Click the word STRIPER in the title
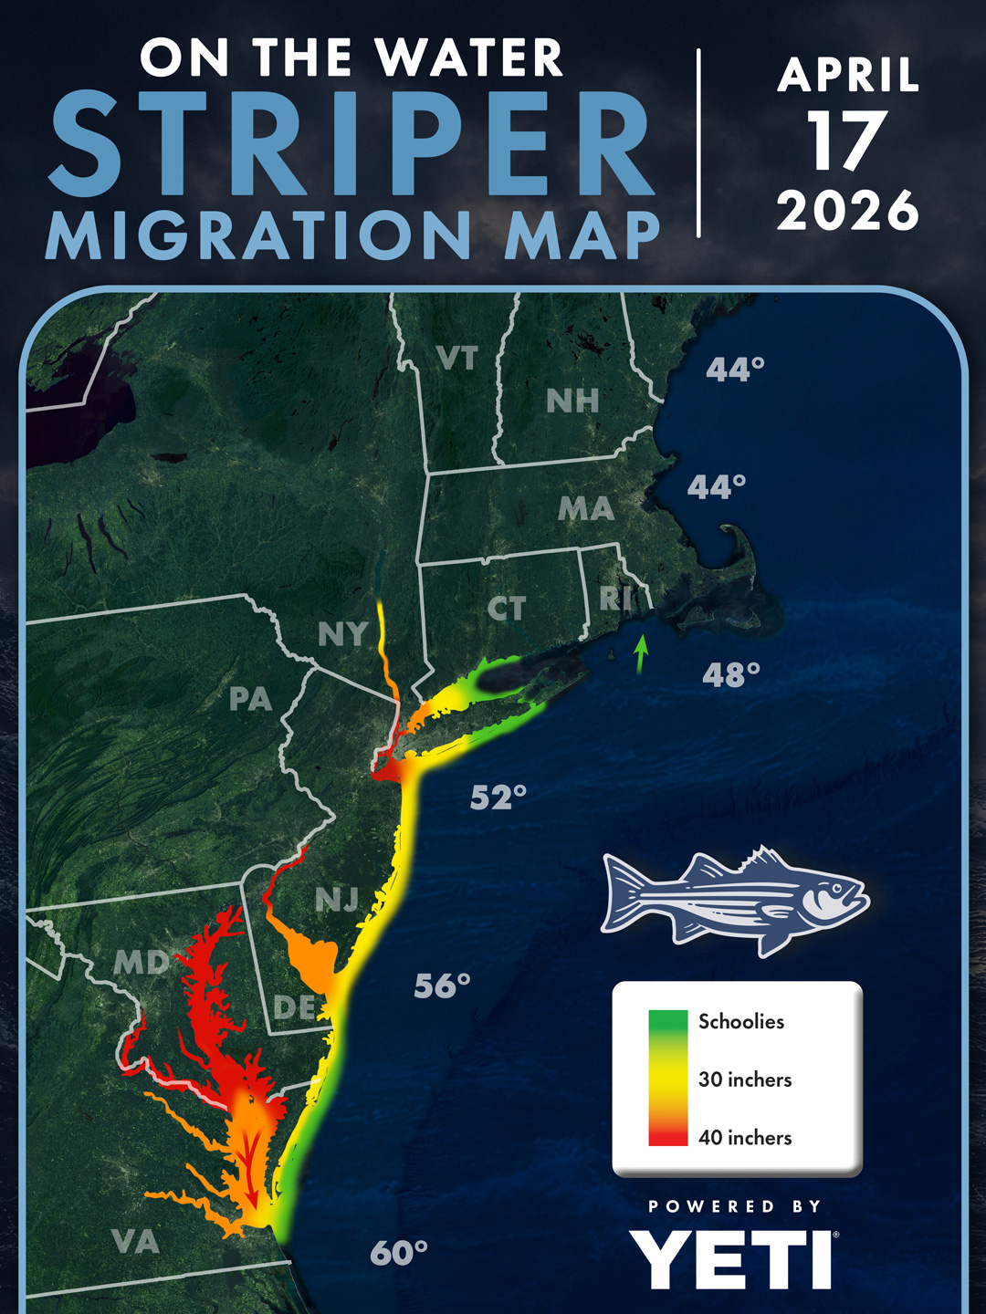pos(351,143)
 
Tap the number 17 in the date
pos(847,141)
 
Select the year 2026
pos(847,211)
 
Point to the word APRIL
pos(847,75)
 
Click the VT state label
pos(456,359)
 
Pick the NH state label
pos(572,401)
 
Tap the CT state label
pos(506,609)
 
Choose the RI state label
pos(616,599)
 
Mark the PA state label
pos(250,699)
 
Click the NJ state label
pos(337,901)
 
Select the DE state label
pos(295,1007)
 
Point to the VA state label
pos(135,1242)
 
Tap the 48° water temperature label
pos(730,675)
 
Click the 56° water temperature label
pos(442,986)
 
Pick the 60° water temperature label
pos(399,1253)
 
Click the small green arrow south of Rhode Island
pos(641,654)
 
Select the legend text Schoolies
pos(740,1022)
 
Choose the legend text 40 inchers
pos(744,1138)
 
